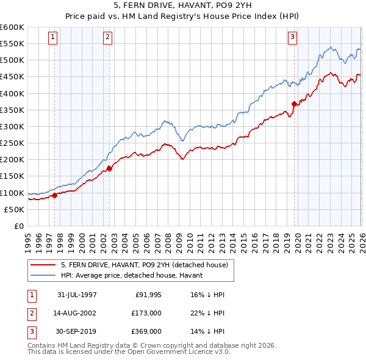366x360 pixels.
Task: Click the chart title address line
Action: click(182, 7)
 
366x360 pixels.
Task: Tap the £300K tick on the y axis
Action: click(12, 126)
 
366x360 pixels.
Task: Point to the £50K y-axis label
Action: click(14, 209)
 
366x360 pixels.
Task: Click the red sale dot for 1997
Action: click(55, 195)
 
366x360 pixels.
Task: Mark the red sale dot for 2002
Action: click(109, 168)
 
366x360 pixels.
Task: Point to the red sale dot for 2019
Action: click(294, 104)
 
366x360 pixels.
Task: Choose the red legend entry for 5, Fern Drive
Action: click(144, 265)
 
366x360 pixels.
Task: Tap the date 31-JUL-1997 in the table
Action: click(77, 295)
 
